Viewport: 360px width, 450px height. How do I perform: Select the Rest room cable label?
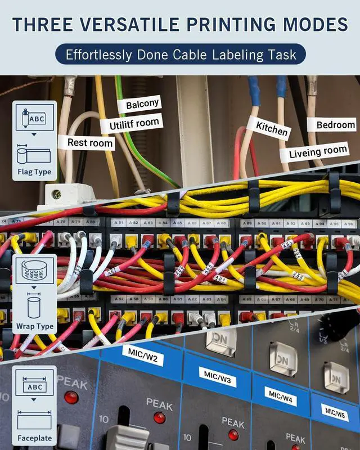pyautogui.click(x=90, y=142)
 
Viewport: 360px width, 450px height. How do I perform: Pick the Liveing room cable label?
pyautogui.click(x=318, y=151)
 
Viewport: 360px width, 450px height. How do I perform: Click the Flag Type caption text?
pyautogui.click(x=34, y=172)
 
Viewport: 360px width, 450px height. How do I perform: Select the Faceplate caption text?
pyautogui.click(x=34, y=438)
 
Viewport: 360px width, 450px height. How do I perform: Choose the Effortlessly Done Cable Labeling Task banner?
pyautogui.click(x=180, y=55)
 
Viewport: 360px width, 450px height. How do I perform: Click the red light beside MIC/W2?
pyautogui.click(x=71, y=397)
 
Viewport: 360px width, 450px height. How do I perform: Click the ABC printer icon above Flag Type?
pyautogui.click(x=35, y=118)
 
